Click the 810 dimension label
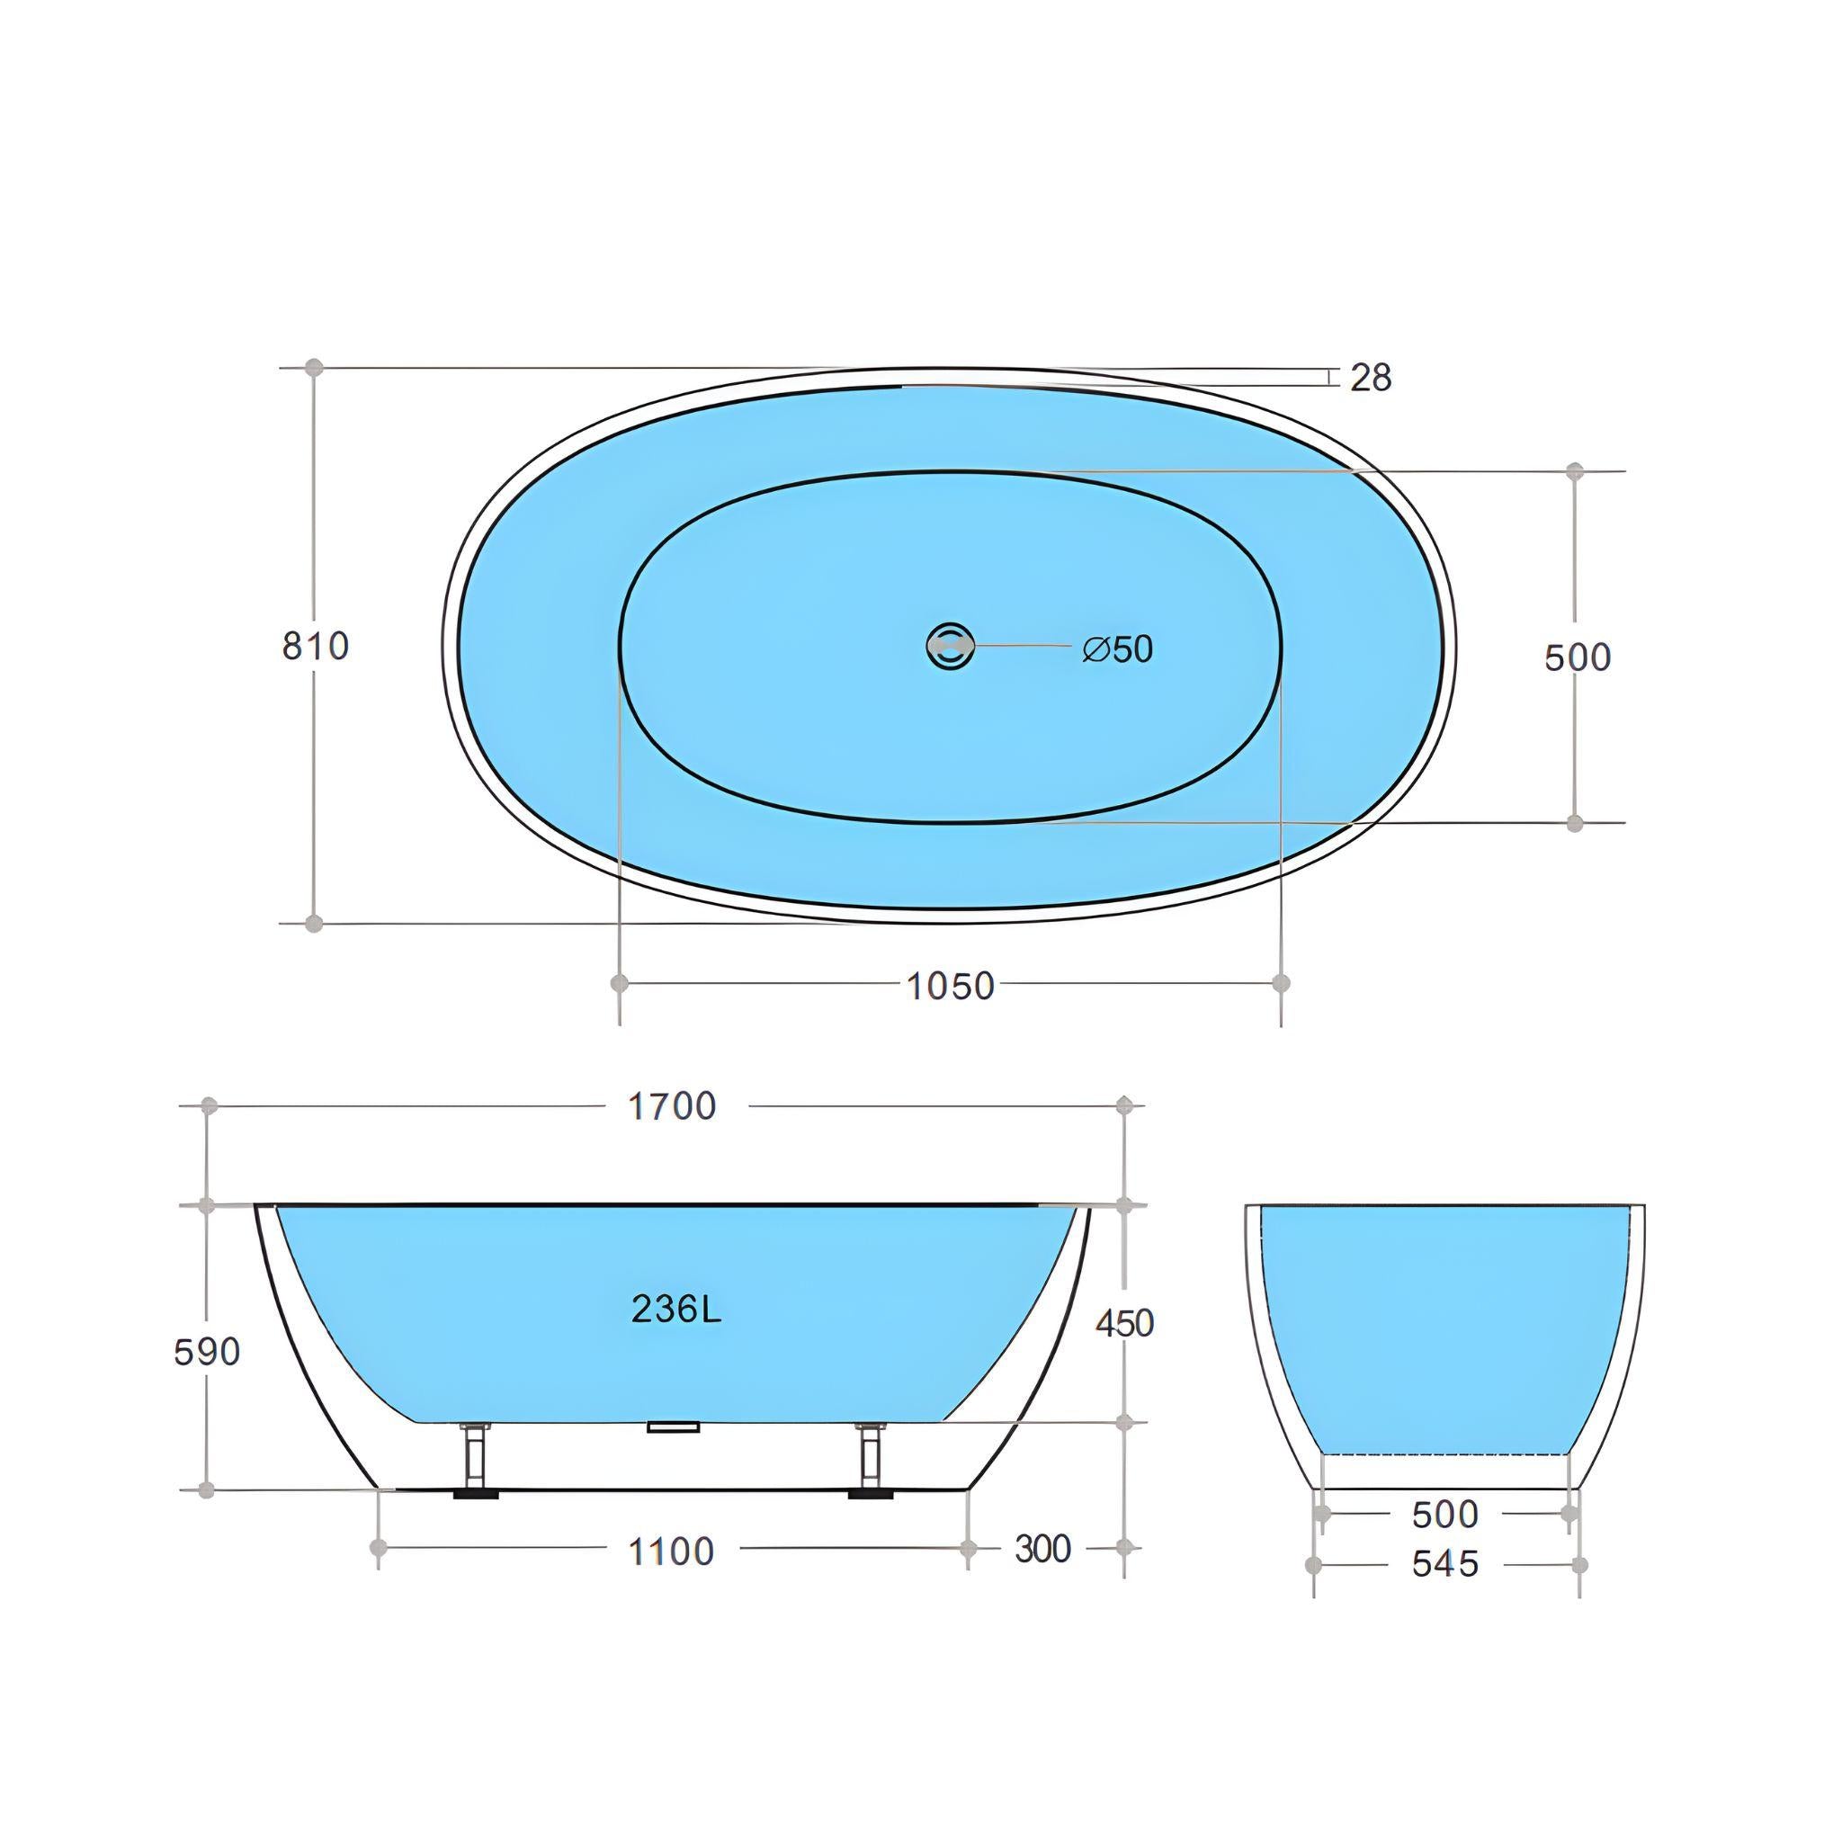[316, 647]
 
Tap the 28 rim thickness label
[1371, 379]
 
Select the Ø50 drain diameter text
[1117, 649]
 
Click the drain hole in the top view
[950, 646]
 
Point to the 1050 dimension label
[950, 987]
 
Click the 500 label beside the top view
[1577, 657]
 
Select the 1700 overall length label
[672, 1107]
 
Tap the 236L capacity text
[676, 1310]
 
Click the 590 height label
[207, 1352]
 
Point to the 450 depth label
[1125, 1323]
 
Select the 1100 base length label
[671, 1552]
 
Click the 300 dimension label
[1042, 1550]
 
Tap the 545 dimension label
[1445, 1565]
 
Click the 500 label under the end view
[1445, 1514]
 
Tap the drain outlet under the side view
[673, 1427]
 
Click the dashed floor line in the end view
[1444, 1454]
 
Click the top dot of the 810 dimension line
[315, 367]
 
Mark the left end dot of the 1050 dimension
[620, 982]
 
